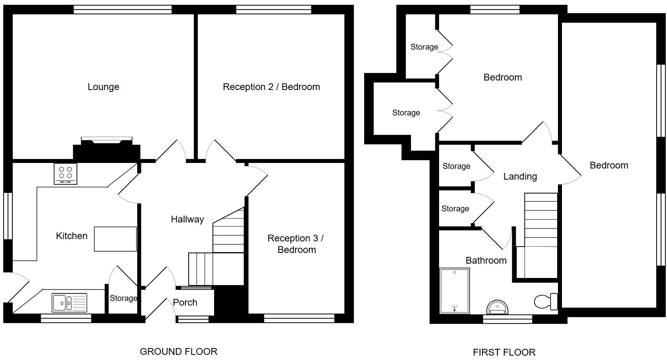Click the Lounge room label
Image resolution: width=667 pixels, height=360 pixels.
click(103, 87)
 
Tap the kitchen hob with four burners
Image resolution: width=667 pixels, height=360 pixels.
click(66, 174)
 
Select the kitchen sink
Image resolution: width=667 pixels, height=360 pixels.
click(69, 303)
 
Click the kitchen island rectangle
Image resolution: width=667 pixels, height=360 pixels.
click(115, 239)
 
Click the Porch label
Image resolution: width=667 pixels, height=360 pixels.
click(185, 302)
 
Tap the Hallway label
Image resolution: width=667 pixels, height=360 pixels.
click(187, 219)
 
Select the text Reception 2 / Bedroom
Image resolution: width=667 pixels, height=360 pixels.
click(271, 87)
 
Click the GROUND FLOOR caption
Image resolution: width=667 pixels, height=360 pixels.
click(178, 352)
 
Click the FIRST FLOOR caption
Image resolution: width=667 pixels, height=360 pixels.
click(504, 352)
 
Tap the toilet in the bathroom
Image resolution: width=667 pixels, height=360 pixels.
click(546, 301)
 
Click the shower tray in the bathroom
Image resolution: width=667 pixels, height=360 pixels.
click(454, 291)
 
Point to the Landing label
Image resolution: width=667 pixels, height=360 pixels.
click(520, 176)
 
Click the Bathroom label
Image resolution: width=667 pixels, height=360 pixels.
click(486, 260)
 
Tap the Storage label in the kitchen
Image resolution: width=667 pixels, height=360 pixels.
click(123, 298)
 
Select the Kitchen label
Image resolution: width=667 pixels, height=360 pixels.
click(72, 236)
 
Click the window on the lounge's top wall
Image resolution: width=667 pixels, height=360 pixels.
click(123, 10)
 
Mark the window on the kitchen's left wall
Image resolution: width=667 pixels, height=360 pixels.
click(8, 216)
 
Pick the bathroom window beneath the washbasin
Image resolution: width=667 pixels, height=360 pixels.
click(507, 319)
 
